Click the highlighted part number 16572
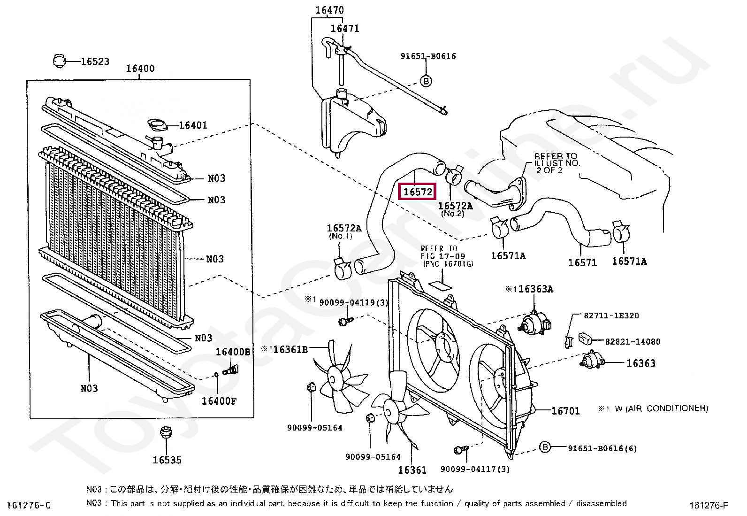tap(417, 192)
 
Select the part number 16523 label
tap(95, 62)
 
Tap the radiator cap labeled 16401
tap(157, 125)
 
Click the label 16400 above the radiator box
tap(140, 69)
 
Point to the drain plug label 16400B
tap(233, 352)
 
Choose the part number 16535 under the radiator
tap(167, 460)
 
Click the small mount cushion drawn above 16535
tap(166, 432)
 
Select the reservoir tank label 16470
tap(329, 10)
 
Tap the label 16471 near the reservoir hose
tap(345, 28)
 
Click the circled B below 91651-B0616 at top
tap(426, 81)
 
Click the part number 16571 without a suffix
tap(582, 262)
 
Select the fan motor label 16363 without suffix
tap(640, 363)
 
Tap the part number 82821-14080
tap(633, 341)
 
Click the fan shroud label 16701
tap(565, 411)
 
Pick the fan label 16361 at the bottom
tap(412, 470)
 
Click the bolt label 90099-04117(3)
tap(475, 469)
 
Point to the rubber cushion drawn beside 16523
tap(59, 61)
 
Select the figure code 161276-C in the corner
tap(29, 505)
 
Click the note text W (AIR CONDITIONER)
tap(661, 408)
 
